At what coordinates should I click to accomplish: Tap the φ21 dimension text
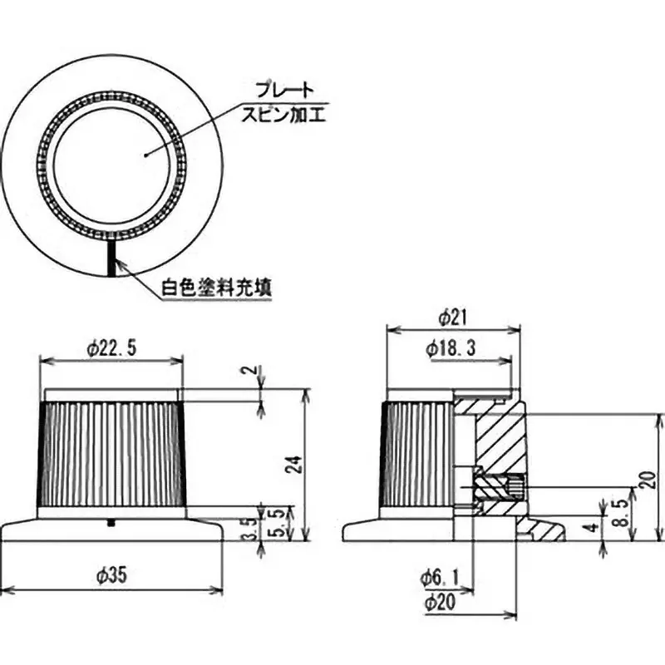(x=454, y=318)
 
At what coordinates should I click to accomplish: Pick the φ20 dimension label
(x=440, y=602)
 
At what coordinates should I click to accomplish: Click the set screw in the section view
(x=499, y=484)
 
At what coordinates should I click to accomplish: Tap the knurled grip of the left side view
(x=112, y=453)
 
